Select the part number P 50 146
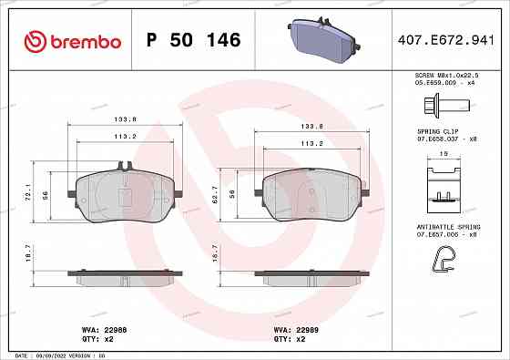click(193, 41)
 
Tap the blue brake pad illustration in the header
click(321, 41)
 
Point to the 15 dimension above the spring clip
click(444, 154)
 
